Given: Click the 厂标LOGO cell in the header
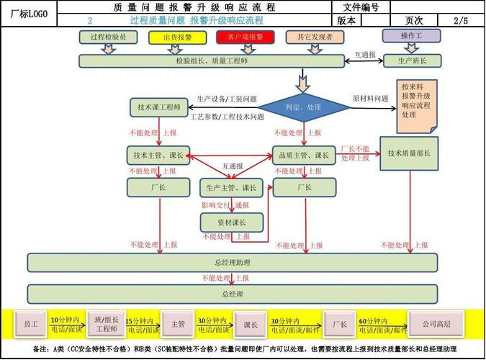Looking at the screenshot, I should [x=29, y=14].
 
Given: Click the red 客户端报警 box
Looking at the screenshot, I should [x=245, y=36].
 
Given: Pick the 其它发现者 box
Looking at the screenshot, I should [x=310, y=36].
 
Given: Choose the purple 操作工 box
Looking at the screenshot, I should [x=413, y=35].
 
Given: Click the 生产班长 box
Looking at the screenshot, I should [x=413, y=61].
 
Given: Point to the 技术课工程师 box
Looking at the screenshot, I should [x=159, y=107].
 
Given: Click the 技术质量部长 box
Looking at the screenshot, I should [x=409, y=153].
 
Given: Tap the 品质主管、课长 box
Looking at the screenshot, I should [x=302, y=153].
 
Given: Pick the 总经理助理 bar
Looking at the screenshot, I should [x=232, y=262].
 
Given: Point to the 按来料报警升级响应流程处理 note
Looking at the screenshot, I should [x=416, y=105].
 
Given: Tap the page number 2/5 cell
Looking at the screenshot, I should [x=461, y=21].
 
